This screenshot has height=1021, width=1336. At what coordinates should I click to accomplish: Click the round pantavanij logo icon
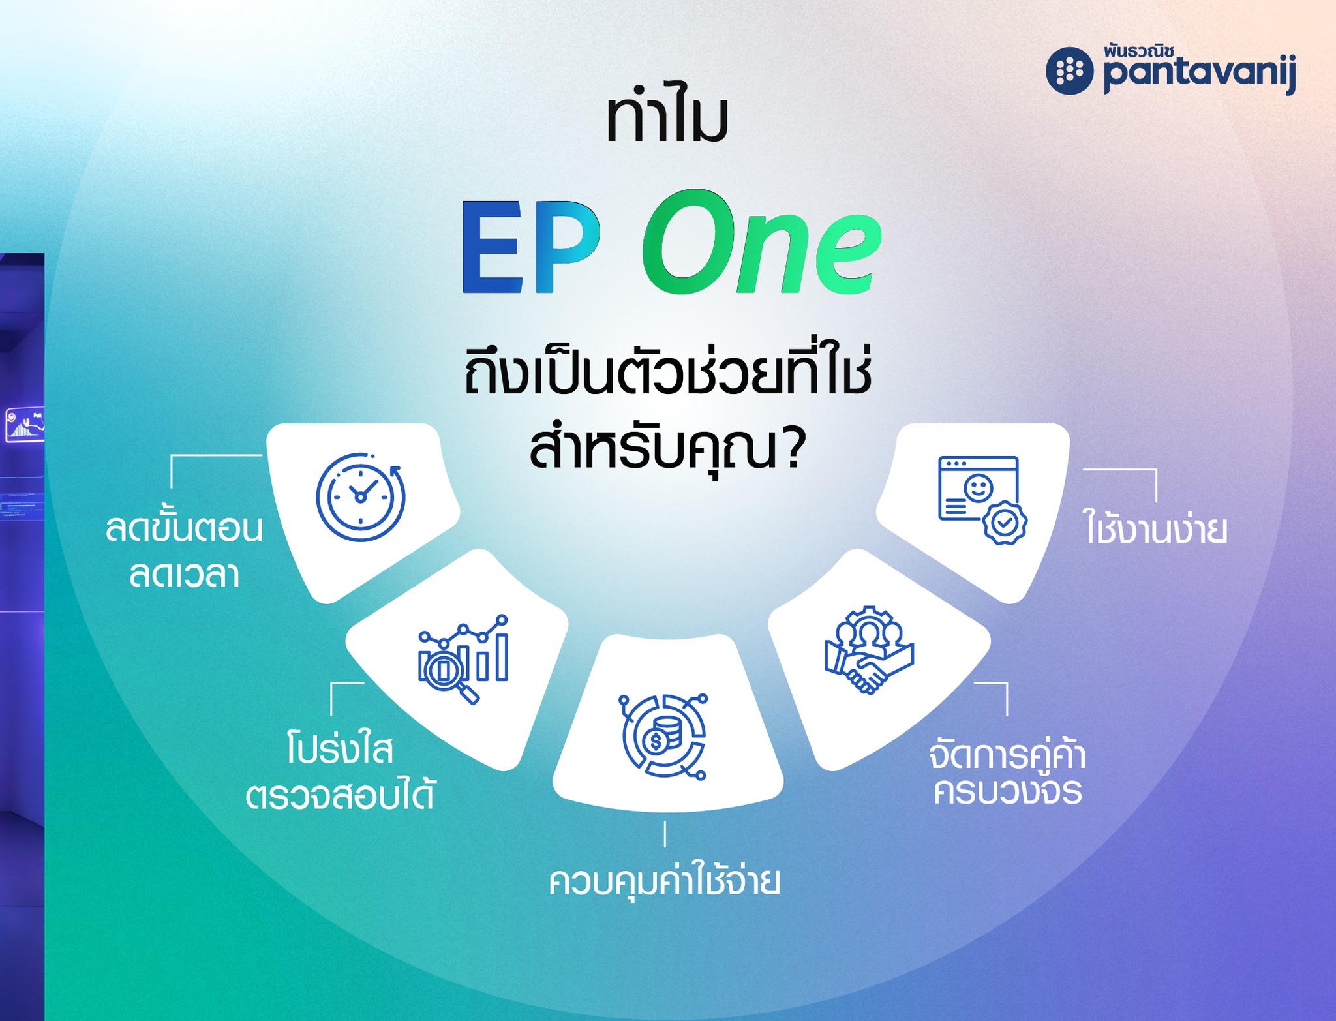click(1070, 71)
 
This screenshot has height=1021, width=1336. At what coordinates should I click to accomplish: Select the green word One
click(762, 241)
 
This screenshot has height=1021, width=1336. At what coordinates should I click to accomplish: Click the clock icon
click(361, 496)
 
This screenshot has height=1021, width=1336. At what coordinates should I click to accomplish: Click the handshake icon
click(869, 650)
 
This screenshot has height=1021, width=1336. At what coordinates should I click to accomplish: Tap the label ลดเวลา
click(185, 574)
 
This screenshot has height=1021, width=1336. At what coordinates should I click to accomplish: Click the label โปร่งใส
click(340, 748)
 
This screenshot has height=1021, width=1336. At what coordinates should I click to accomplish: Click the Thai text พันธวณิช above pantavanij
click(1139, 51)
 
